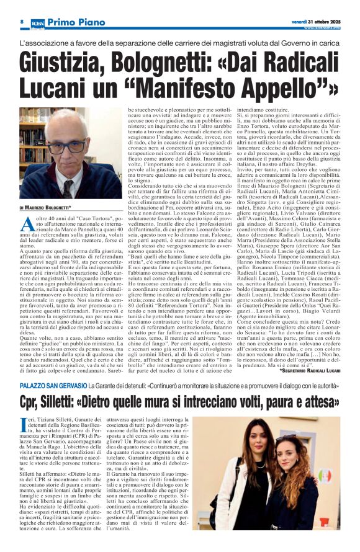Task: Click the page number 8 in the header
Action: coord(22,22)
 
